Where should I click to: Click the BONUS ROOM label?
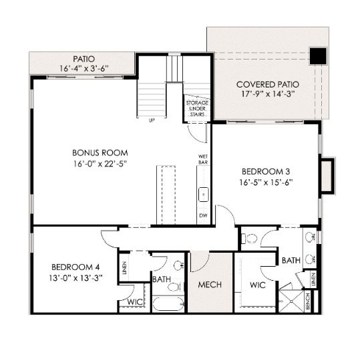click(x=100, y=152)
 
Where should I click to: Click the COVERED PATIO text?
click(x=267, y=85)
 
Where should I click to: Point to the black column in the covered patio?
click(x=319, y=55)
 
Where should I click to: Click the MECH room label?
click(x=210, y=285)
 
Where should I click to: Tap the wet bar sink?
click(x=203, y=195)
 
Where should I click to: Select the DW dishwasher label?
click(x=203, y=216)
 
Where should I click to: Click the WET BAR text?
click(x=202, y=159)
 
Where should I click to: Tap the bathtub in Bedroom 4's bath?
click(x=168, y=304)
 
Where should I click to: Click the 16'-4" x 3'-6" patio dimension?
click(x=84, y=68)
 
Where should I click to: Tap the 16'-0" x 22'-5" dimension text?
click(x=100, y=163)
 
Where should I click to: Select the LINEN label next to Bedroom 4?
click(x=125, y=269)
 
